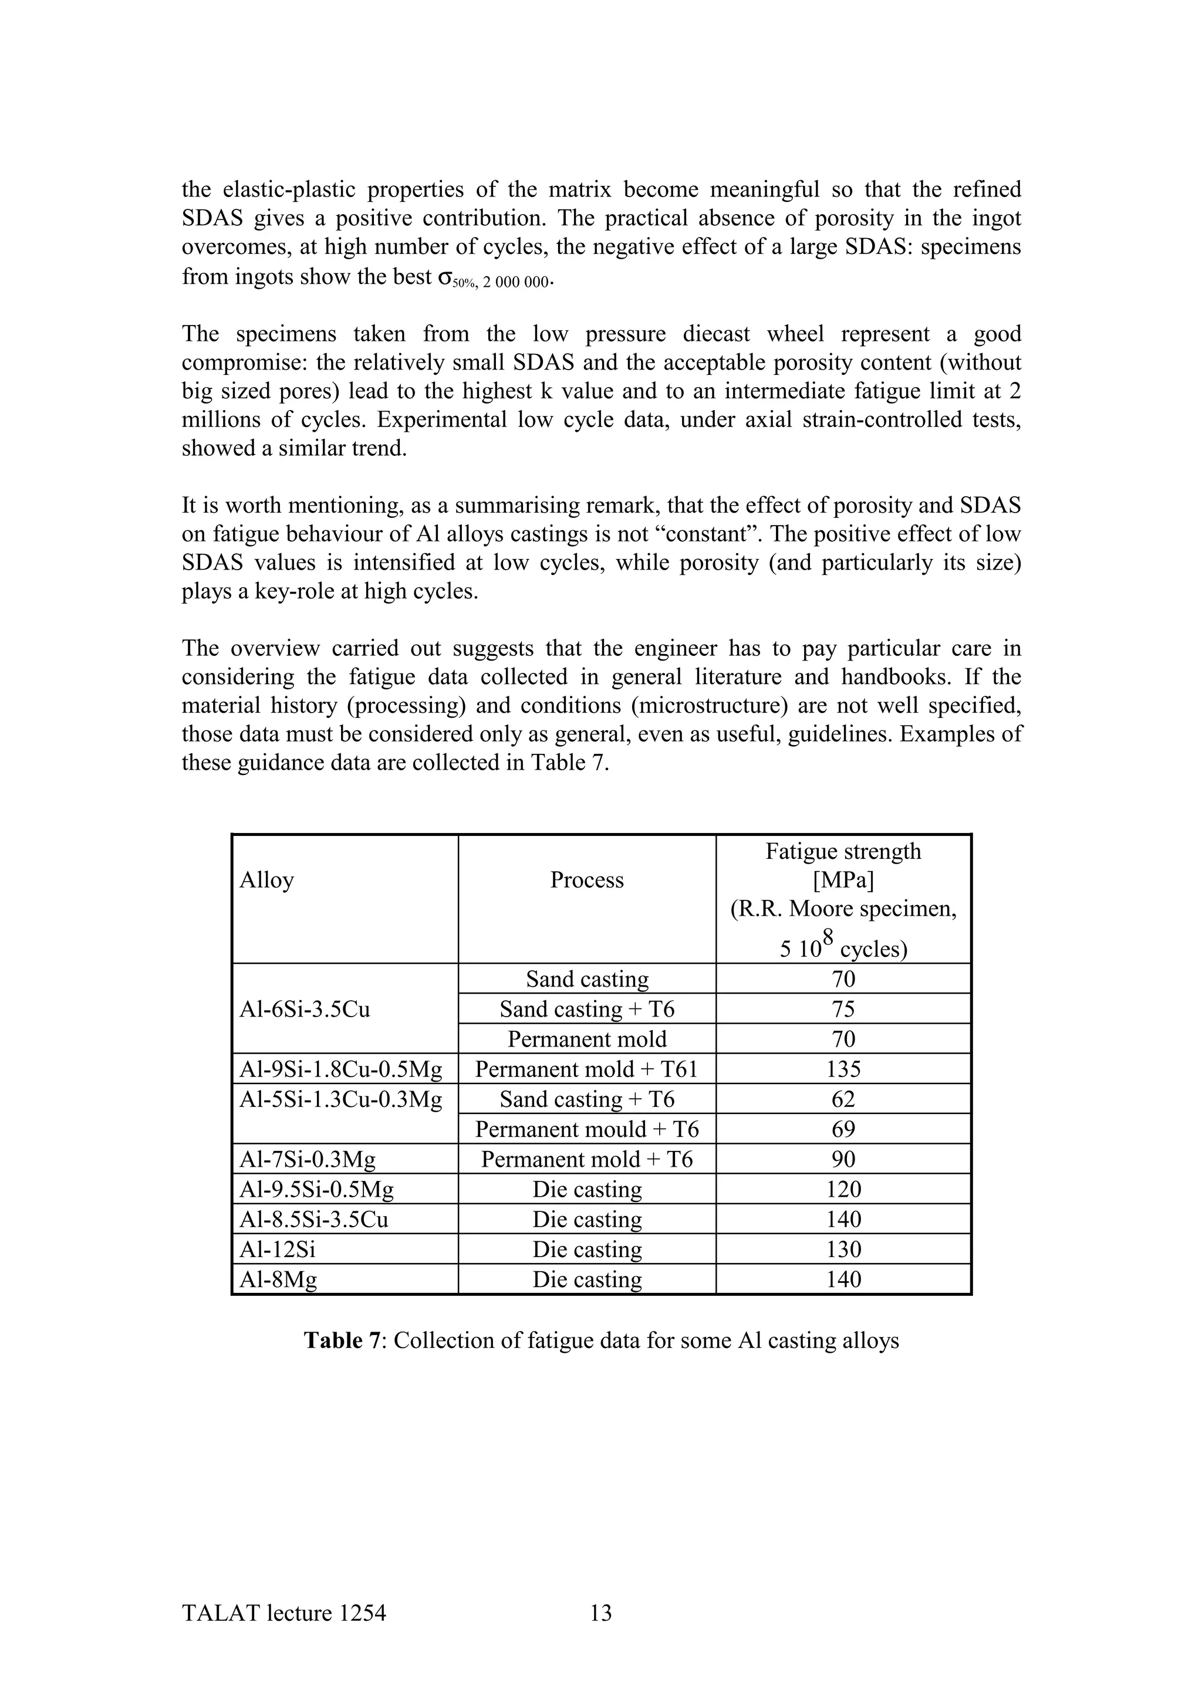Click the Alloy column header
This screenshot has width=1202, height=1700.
point(266,879)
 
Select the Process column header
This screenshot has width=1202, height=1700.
point(586,879)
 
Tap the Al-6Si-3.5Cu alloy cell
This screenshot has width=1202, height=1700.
point(305,1009)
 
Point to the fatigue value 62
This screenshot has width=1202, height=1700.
point(843,1099)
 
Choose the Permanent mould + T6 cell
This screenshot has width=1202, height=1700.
point(586,1129)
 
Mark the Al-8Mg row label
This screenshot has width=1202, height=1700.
point(278,1279)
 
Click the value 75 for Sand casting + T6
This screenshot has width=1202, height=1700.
point(843,1009)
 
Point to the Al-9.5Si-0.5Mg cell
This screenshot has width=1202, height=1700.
point(316,1189)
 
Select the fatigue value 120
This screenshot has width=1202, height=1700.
point(843,1189)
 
